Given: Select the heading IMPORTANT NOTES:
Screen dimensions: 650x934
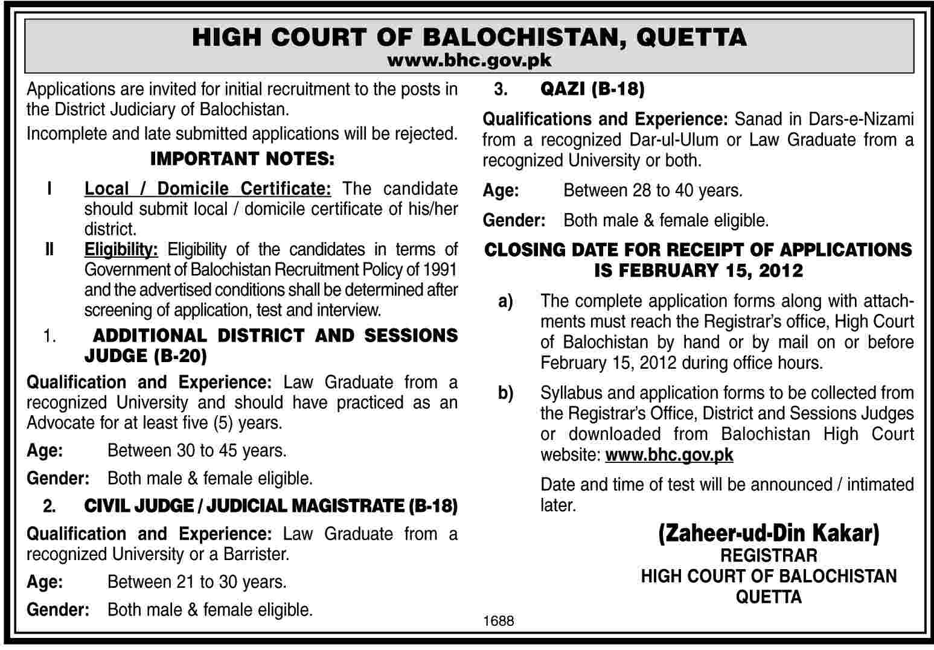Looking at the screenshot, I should [241, 159].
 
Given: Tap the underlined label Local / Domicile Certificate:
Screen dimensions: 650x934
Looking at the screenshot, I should [208, 189].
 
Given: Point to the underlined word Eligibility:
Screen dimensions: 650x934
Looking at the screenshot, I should [121, 249].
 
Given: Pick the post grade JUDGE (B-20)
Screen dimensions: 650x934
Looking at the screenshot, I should [146, 356].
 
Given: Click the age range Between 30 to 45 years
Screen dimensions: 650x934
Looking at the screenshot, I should [197, 450].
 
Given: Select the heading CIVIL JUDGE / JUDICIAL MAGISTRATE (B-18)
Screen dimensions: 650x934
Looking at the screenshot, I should [270, 506].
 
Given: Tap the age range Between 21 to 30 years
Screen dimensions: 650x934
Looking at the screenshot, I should [197, 582].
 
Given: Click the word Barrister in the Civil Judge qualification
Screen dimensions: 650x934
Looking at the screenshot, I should [256, 554].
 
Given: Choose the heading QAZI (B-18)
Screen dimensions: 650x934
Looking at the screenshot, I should [592, 90].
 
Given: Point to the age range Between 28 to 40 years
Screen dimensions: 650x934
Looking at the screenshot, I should [653, 191].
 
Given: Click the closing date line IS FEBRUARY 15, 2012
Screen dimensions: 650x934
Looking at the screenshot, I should [699, 270].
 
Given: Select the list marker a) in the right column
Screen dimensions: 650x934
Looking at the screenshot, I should [506, 301].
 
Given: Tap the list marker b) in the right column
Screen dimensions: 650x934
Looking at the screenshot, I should [506, 393].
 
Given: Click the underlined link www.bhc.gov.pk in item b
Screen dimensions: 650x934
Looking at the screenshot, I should [669, 454].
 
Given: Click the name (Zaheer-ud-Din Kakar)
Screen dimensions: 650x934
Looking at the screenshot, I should [769, 534].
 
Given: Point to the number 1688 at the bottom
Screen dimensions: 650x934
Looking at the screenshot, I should [499, 620].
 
